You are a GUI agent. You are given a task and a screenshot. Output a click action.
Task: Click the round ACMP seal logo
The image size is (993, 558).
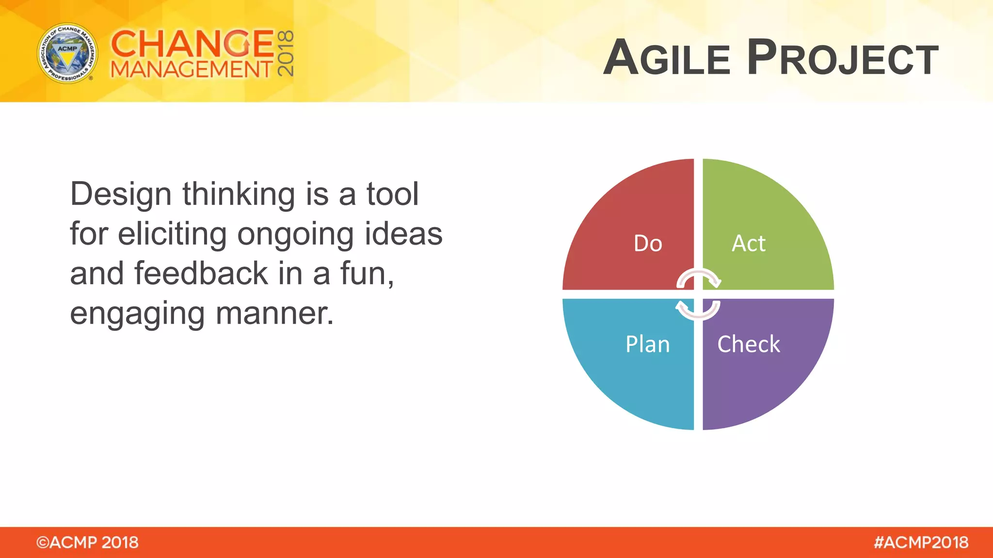pos(67,53)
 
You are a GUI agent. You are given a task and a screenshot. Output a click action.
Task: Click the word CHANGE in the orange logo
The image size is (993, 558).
pos(192,44)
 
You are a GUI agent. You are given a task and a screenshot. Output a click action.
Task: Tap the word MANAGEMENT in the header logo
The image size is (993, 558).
pos(192,69)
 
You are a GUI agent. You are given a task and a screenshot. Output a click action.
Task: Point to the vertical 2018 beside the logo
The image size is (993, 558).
pos(286,53)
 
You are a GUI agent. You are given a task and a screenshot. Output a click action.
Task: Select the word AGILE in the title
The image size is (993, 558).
pos(667,58)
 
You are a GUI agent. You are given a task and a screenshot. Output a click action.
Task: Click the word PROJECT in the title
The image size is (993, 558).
pos(843,58)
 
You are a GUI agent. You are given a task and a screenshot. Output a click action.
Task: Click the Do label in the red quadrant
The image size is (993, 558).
pos(648,243)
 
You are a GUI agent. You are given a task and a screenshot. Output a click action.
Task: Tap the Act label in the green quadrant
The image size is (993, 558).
pos(748,243)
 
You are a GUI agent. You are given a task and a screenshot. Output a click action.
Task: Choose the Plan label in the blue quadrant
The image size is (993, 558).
pos(647,344)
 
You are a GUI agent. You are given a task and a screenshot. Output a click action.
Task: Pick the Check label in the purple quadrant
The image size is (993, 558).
pos(749,344)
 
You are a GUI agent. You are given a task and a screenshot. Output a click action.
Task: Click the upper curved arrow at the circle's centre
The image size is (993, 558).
pos(699,278)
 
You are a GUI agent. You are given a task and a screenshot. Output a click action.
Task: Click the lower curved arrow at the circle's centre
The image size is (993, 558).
pos(698,310)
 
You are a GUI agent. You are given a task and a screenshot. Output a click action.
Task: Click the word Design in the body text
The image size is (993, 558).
pos(121,194)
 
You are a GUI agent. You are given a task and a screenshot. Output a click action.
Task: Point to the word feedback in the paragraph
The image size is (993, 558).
pos(201,274)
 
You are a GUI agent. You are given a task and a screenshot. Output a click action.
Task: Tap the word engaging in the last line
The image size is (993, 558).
pos(137,314)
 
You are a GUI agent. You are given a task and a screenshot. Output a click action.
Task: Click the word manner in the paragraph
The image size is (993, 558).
pos(274,313)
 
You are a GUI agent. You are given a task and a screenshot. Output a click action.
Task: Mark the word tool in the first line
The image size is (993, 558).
pos(392,194)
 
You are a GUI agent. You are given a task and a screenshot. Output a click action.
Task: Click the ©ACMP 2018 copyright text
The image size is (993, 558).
pos(87,542)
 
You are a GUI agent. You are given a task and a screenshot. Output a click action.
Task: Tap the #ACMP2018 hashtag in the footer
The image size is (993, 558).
pos(921,542)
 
